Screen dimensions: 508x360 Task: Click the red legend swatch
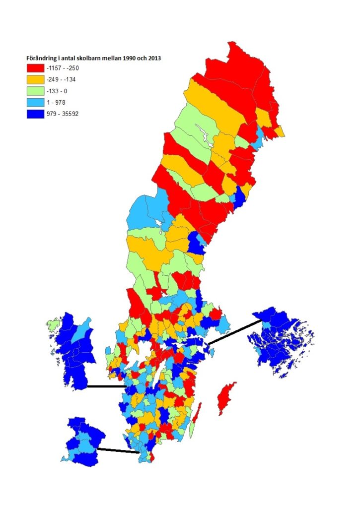pos(35,68)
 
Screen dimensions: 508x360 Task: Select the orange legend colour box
pos(35,79)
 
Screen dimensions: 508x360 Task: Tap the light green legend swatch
pos(35,91)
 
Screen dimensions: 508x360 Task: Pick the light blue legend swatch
pos(35,102)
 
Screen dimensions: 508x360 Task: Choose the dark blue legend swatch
pos(35,114)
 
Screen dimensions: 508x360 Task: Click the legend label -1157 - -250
pos(64,68)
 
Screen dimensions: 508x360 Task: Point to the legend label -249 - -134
pos(62,79)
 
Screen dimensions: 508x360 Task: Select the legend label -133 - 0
pos(59,91)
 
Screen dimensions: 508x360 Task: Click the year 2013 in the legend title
pos(158,58)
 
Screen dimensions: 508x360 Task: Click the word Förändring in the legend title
pos(41,58)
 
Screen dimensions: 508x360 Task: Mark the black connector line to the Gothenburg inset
pos(106,386)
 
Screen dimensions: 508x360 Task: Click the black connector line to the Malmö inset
pos(118,450)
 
